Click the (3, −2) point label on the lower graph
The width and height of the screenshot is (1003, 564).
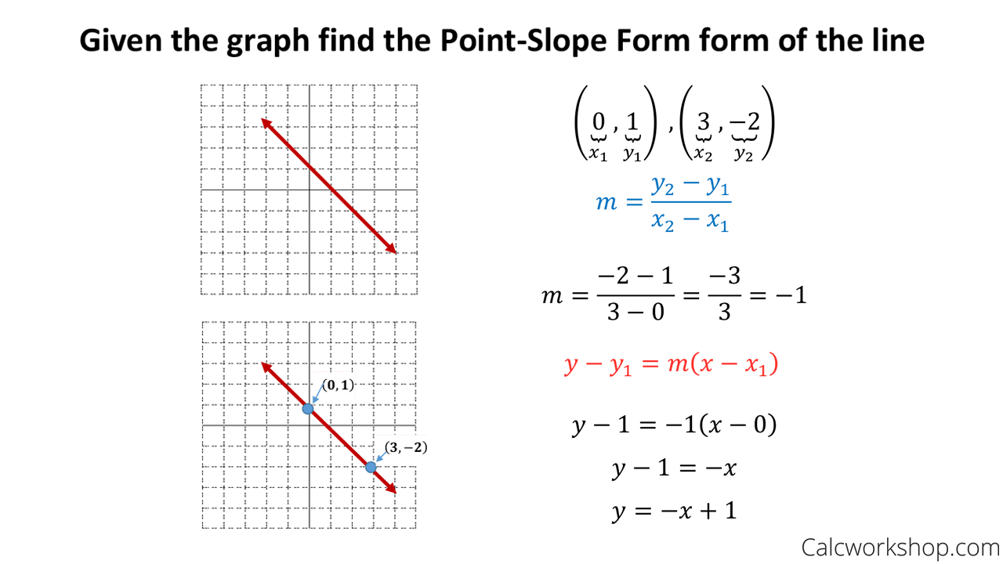tap(401, 449)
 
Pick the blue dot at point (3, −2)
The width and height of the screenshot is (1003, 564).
tap(371, 467)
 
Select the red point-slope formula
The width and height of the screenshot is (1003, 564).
tap(671, 365)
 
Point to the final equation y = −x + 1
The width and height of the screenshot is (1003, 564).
tap(674, 512)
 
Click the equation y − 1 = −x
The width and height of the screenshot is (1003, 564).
tap(674, 468)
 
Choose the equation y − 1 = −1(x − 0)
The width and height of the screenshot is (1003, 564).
tap(674, 425)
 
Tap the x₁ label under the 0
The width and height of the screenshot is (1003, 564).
tap(598, 154)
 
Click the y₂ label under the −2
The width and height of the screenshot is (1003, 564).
tap(743, 154)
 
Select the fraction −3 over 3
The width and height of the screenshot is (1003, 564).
tap(724, 295)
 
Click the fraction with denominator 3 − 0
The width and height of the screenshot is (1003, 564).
tap(635, 295)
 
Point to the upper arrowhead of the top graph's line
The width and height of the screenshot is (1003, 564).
tap(266, 121)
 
